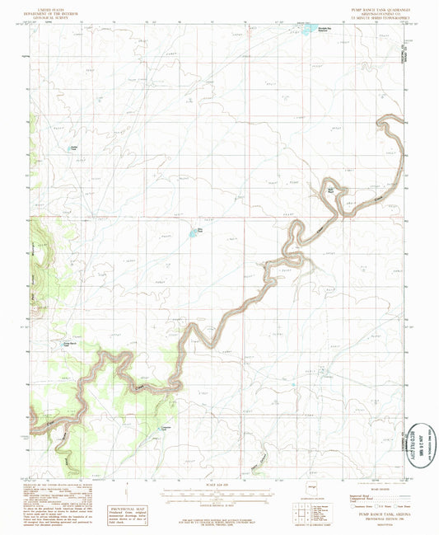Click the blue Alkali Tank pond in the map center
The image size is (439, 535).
(x=194, y=232)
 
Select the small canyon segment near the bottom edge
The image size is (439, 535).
(x=262, y=456)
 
